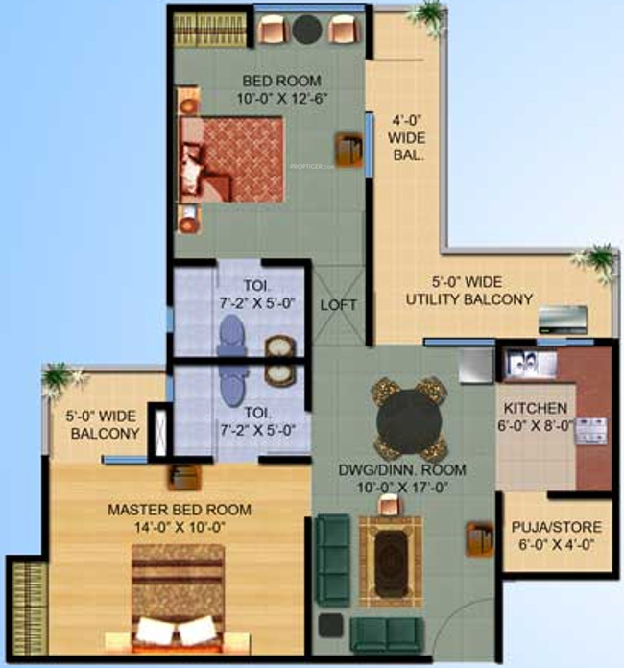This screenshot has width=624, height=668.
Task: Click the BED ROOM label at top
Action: point(281,81)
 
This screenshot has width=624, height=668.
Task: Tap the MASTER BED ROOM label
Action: point(180,509)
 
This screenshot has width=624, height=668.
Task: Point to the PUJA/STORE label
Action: point(557,527)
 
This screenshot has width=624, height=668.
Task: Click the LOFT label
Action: point(338,305)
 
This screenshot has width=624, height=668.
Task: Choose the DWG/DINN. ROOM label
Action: point(402,470)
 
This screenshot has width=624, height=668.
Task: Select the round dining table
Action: point(407,418)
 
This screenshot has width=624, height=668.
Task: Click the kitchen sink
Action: point(526,364)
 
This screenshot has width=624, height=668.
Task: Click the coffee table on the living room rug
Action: point(390,556)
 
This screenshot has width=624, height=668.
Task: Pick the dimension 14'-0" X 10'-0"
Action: point(180,526)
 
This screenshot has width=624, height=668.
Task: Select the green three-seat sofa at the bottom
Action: point(385,633)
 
